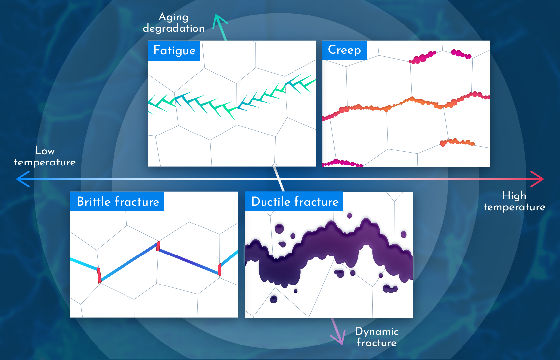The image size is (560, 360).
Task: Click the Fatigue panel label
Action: pos(174,50)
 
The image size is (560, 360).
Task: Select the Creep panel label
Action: pos(344,50)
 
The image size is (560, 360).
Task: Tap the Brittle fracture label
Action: pos(118,202)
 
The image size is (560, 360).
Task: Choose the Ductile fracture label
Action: pos(295,202)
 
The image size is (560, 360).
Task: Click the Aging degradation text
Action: pos(174,22)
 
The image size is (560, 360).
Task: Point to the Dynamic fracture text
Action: pos(377,337)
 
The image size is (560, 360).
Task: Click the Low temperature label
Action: pos(45,156)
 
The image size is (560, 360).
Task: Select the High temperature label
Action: pos(514,201)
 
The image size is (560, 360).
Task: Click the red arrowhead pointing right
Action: pos(537,179)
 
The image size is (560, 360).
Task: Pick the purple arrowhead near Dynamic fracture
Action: pos(338,338)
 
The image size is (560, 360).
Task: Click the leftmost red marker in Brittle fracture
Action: pos(99,276)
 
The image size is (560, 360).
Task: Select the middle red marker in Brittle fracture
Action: pos(158,246)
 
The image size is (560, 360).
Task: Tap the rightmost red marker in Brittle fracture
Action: pos(219,269)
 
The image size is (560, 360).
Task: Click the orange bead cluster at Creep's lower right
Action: pos(457,142)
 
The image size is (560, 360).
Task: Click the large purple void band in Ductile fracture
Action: pos(329,253)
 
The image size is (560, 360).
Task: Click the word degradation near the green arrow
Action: pos(174,28)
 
